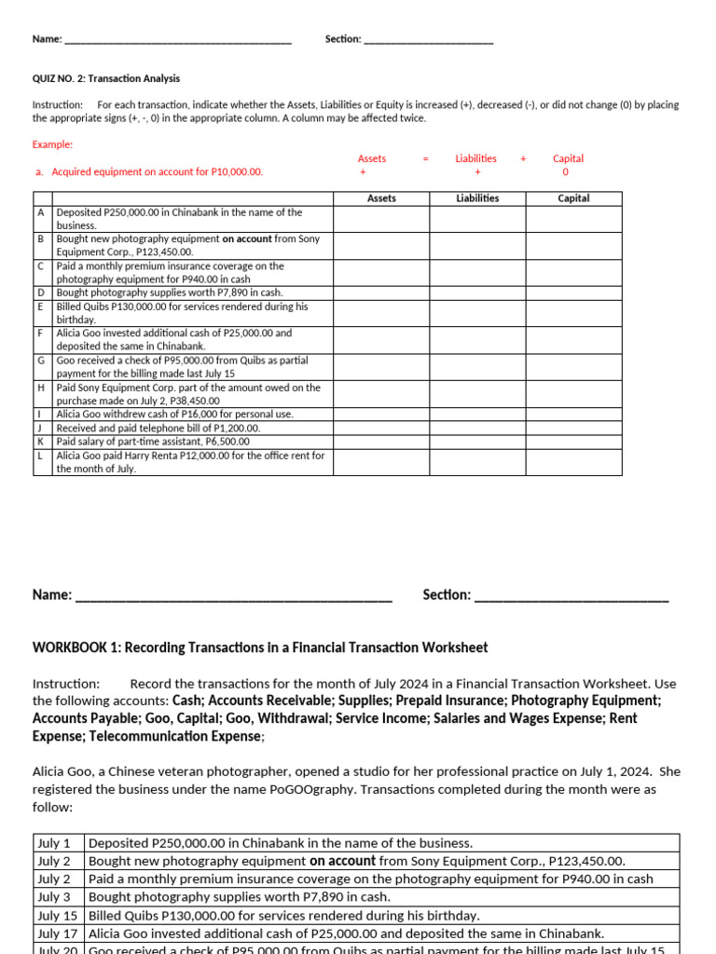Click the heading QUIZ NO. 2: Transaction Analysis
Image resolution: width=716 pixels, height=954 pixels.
pyautogui.click(x=106, y=79)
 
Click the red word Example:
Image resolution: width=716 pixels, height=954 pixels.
pyautogui.click(x=52, y=144)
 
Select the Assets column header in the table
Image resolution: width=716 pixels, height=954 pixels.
pyautogui.click(x=381, y=198)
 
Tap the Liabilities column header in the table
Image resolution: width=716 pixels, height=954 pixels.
pyautogui.click(x=477, y=198)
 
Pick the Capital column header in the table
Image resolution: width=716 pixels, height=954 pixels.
pyautogui.click(x=573, y=198)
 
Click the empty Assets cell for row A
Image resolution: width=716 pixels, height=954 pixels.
pyautogui.click(x=381, y=219)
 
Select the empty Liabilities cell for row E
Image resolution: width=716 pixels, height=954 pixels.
pyautogui.click(x=477, y=313)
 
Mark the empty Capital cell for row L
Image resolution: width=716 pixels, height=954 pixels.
pyautogui.click(x=573, y=462)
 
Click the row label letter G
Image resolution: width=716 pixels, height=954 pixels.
pyautogui.click(x=41, y=360)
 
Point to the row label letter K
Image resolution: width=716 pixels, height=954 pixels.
pyautogui.click(x=41, y=441)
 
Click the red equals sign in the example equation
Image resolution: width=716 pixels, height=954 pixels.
pyautogui.click(x=425, y=158)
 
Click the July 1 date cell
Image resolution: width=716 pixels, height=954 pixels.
pyautogui.click(x=59, y=843)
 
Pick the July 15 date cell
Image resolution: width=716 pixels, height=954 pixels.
pyautogui.click(x=59, y=915)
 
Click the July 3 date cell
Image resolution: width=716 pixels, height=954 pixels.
pyautogui.click(x=59, y=897)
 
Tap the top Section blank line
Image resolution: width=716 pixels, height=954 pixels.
pyautogui.click(x=428, y=40)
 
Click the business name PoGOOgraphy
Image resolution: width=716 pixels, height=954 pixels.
pyautogui.click(x=312, y=789)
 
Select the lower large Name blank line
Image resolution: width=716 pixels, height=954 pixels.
pyautogui.click(x=233, y=596)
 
